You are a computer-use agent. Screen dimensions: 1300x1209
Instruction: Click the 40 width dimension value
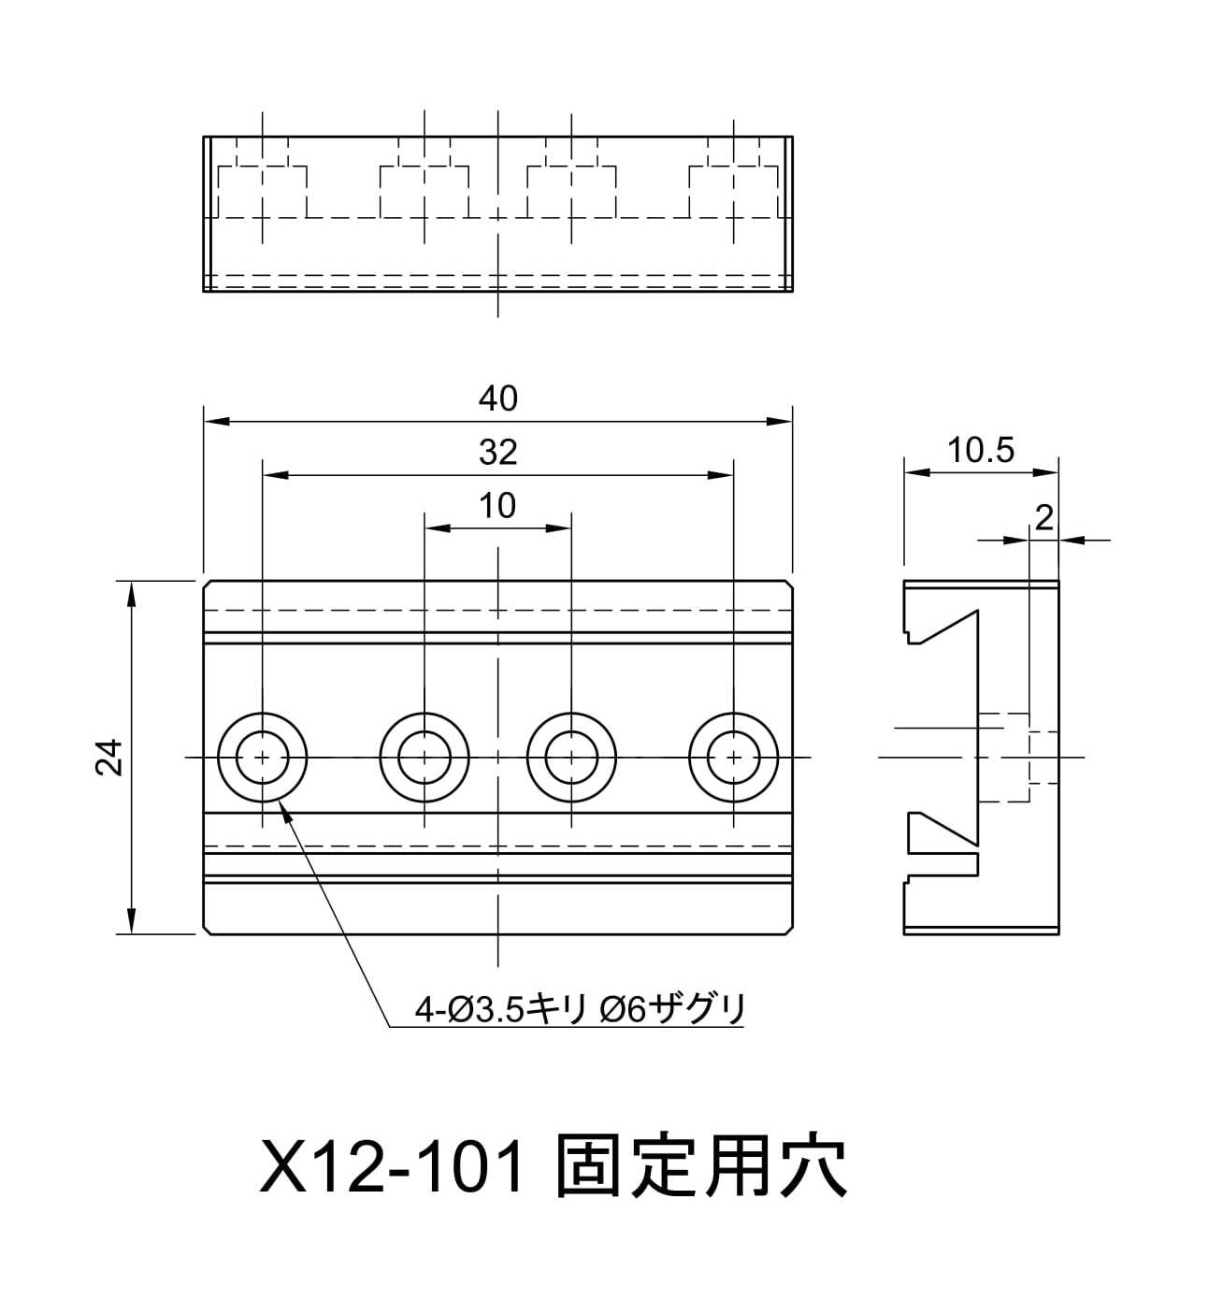coord(497,399)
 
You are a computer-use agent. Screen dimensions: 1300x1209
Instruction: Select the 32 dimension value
coord(497,453)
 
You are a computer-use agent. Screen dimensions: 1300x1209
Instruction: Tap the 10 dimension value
coord(497,506)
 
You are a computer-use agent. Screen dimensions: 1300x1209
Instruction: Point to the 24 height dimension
coord(110,757)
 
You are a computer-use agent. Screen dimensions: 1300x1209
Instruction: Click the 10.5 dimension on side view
coord(980,451)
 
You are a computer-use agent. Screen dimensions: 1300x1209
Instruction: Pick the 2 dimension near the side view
coord(1044,517)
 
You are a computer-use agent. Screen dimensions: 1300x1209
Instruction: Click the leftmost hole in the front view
coord(263,757)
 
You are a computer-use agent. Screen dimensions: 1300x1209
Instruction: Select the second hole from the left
coord(425,757)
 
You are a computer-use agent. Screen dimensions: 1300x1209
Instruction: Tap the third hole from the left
coord(570,757)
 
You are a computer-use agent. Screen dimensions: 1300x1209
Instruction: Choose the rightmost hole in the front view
coord(734,757)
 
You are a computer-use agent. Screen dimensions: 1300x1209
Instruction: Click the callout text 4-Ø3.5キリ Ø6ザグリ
coord(581,1009)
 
